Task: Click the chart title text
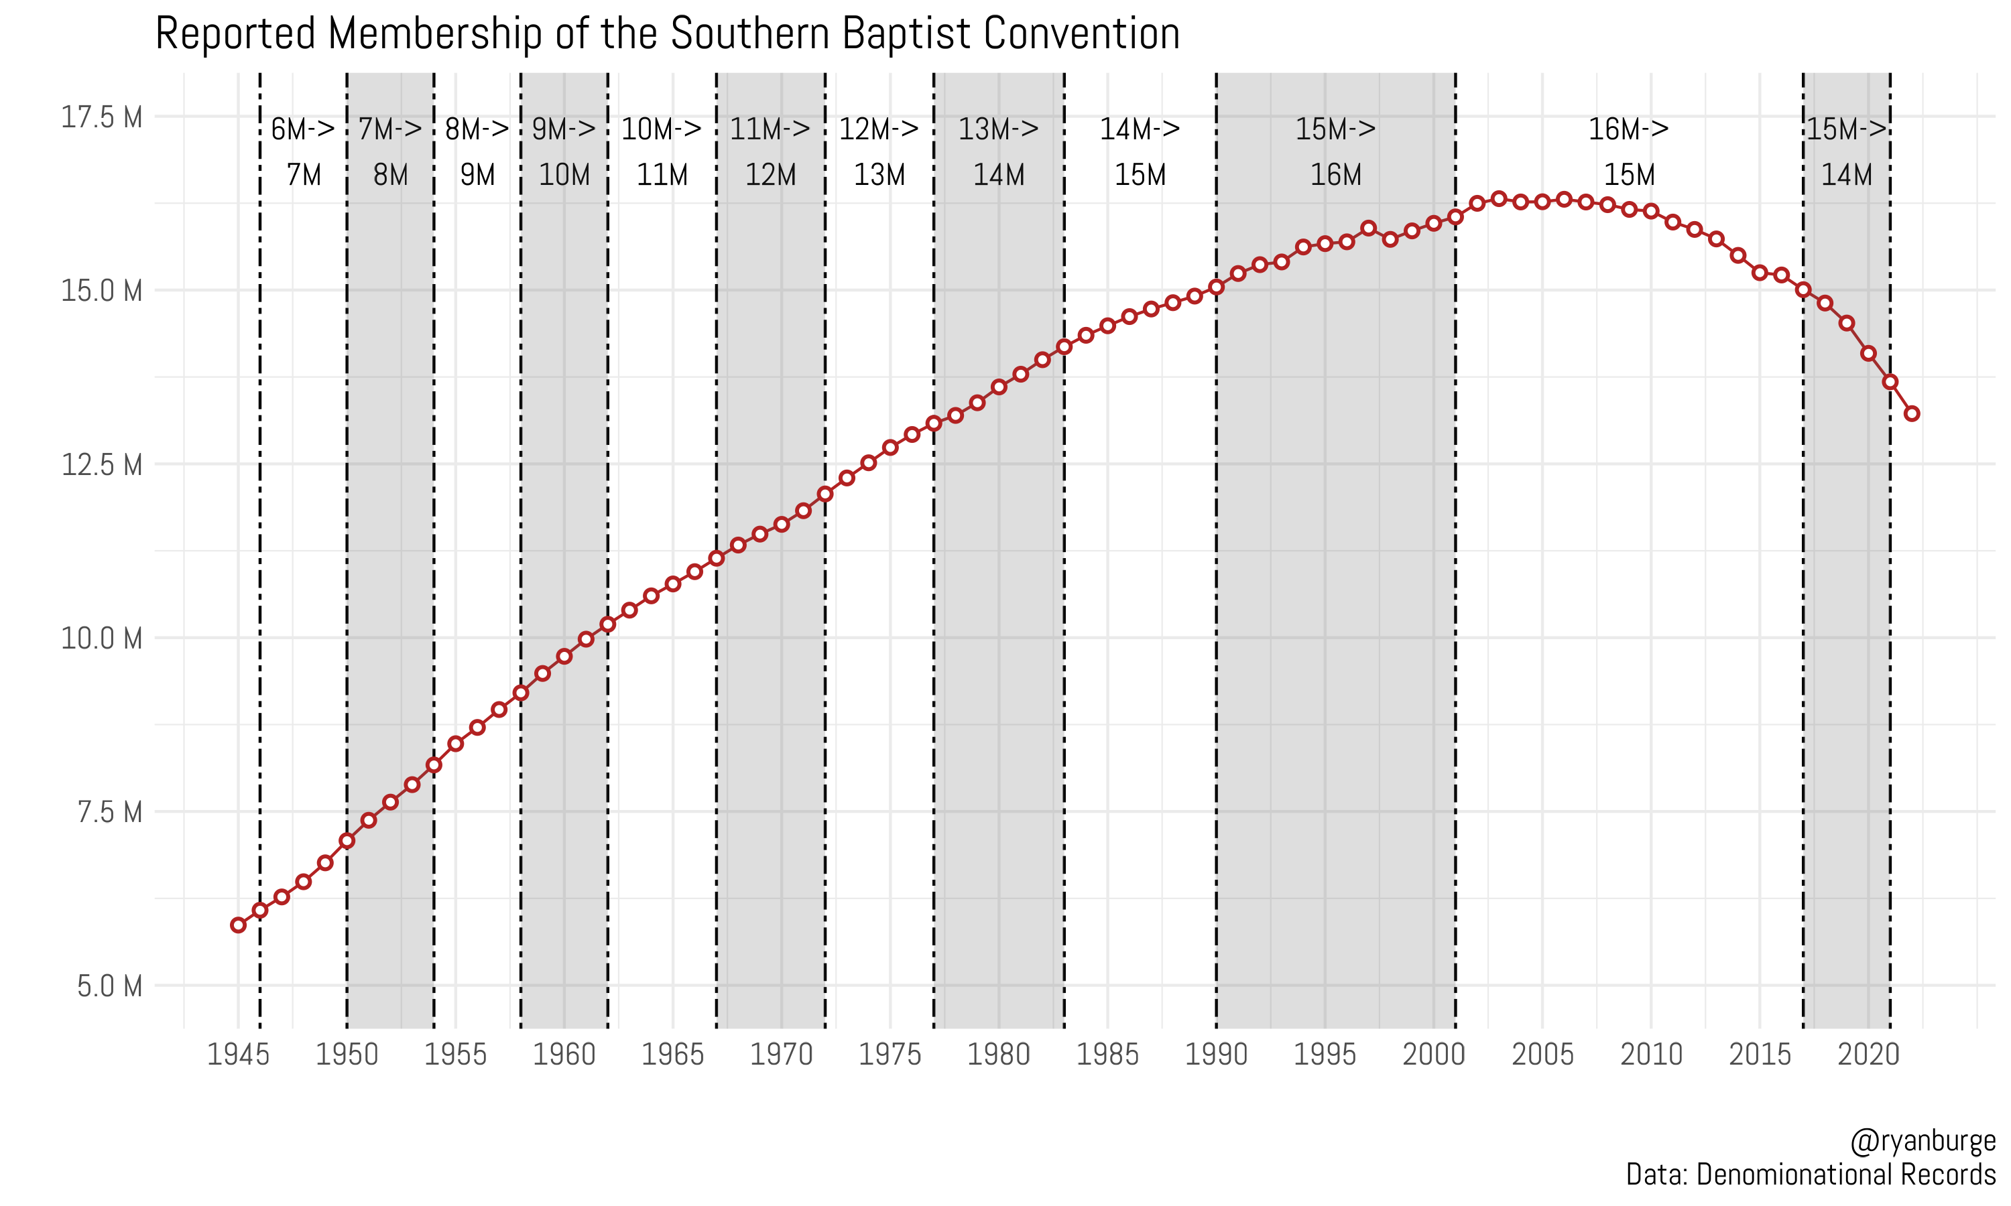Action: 666,34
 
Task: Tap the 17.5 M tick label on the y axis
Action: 102,117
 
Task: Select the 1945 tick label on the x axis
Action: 238,1054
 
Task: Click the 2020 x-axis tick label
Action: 1868,1054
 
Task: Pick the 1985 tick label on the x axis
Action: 1107,1054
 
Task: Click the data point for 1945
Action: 238,925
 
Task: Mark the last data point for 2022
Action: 1912,413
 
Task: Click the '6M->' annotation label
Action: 302,129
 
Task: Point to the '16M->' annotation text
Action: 1628,129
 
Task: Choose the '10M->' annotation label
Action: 661,129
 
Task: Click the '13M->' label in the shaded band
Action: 998,129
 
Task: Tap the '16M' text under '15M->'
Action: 1335,175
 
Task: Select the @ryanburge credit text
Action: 1922,1140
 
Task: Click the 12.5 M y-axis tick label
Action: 102,465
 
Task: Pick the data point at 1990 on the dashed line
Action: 1216,287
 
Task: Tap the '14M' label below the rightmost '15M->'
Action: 1846,175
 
